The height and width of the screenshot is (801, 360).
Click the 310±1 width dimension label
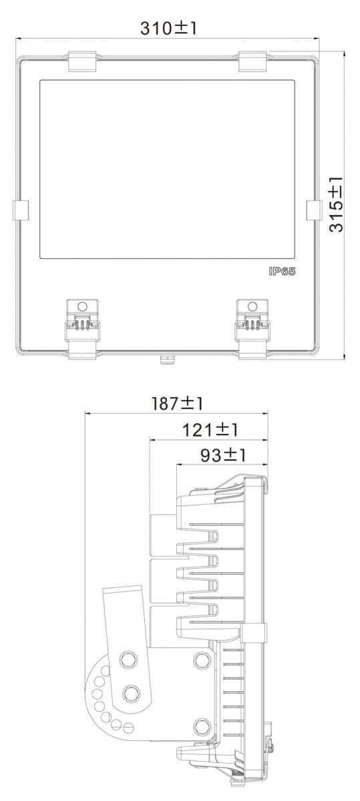pyautogui.click(x=168, y=28)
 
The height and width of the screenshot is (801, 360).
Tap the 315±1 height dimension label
pyautogui.click(x=337, y=204)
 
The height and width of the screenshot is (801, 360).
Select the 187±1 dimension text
pyautogui.click(x=178, y=404)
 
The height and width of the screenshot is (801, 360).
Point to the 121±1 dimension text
pyautogui.click(x=210, y=430)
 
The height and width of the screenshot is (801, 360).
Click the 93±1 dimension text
pyautogui.click(x=223, y=455)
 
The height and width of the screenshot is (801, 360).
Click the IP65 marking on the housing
pyautogui.click(x=283, y=272)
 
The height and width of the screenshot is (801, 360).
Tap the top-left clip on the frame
pyautogui.click(x=82, y=61)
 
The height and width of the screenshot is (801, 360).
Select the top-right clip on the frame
pyautogui.click(x=252, y=61)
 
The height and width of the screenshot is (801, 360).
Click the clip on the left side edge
pyautogui.click(x=21, y=210)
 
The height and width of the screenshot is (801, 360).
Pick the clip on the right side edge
pyautogui.click(x=314, y=210)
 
